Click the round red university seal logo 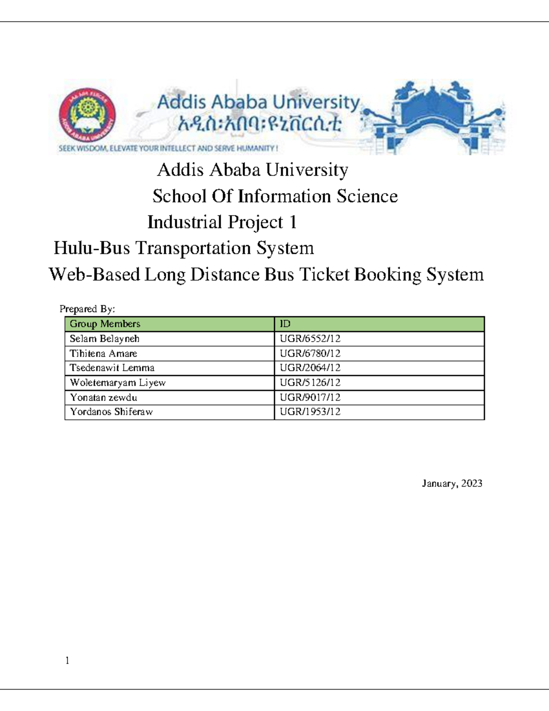coord(87,115)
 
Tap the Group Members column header coord(105,324)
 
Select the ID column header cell coord(285,324)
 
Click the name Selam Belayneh coord(104,339)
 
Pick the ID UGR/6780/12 coord(310,353)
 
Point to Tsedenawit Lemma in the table coord(112,368)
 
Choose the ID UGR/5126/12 coord(310,382)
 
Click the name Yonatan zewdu coord(103,397)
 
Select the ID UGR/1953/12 coord(310,412)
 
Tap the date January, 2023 coord(452,483)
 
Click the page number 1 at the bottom coord(67,660)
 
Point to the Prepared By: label coord(87,309)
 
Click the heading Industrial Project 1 coord(222,222)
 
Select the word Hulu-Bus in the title coord(91,248)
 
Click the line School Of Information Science coord(275,196)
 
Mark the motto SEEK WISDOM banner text coord(168,148)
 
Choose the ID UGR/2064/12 coord(310,368)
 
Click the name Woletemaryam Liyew coord(118,383)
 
